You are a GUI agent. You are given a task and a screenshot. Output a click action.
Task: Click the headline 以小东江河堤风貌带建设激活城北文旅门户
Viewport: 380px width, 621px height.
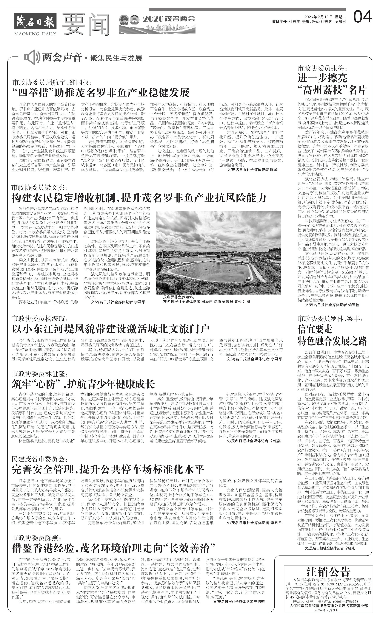pos(111,329)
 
